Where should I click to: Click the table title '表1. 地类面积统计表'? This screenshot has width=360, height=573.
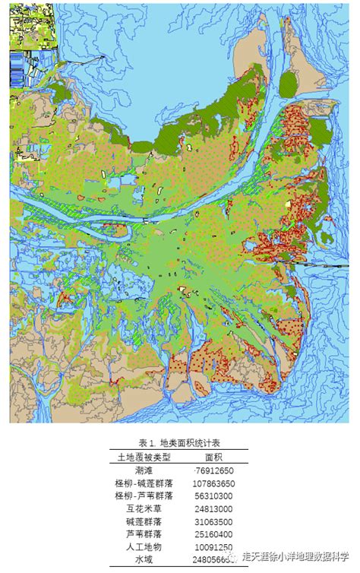pos(179,443)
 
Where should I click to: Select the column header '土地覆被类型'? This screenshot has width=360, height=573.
pos(144,457)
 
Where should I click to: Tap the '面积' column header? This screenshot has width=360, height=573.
pos(214,457)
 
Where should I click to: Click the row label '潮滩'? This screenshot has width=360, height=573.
pos(144,470)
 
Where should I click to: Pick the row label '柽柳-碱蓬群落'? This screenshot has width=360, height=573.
pos(144,483)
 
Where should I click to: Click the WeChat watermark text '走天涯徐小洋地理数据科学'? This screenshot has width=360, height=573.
pos(300,556)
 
